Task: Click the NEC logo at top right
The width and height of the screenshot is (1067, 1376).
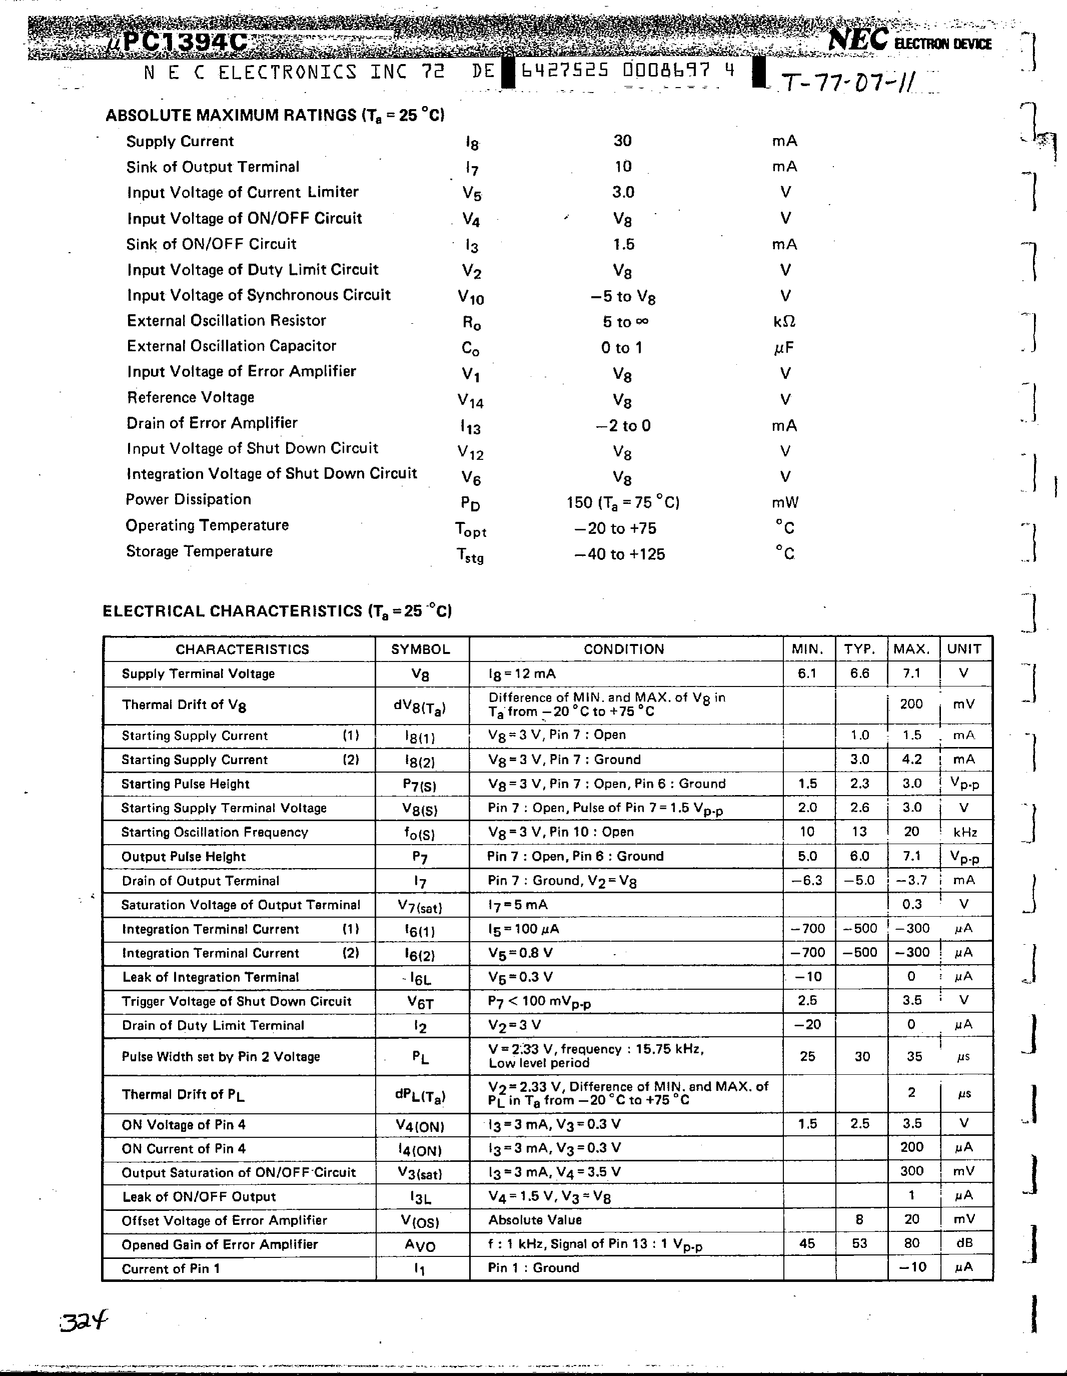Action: click(858, 41)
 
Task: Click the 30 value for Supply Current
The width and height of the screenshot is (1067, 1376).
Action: click(622, 141)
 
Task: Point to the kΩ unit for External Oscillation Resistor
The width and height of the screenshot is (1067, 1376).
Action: click(784, 321)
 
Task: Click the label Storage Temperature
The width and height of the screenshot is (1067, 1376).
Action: click(199, 551)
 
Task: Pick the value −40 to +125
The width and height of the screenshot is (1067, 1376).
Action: click(620, 554)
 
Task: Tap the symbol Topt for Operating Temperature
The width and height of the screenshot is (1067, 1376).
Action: click(471, 529)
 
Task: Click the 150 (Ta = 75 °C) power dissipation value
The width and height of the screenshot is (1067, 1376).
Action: click(622, 503)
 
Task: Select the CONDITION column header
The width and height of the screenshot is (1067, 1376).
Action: click(624, 649)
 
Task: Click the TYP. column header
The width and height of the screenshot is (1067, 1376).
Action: click(860, 649)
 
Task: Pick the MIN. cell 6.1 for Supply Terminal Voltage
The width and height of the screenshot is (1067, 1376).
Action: click(807, 673)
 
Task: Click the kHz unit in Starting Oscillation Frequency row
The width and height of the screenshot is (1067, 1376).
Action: click(965, 832)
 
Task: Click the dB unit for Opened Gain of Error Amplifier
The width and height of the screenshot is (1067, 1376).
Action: click(963, 1243)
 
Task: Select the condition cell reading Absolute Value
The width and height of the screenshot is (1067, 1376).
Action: click(535, 1220)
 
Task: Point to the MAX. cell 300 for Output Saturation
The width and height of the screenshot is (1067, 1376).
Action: click(911, 1171)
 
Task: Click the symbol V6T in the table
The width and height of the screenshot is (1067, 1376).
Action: click(420, 1002)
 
